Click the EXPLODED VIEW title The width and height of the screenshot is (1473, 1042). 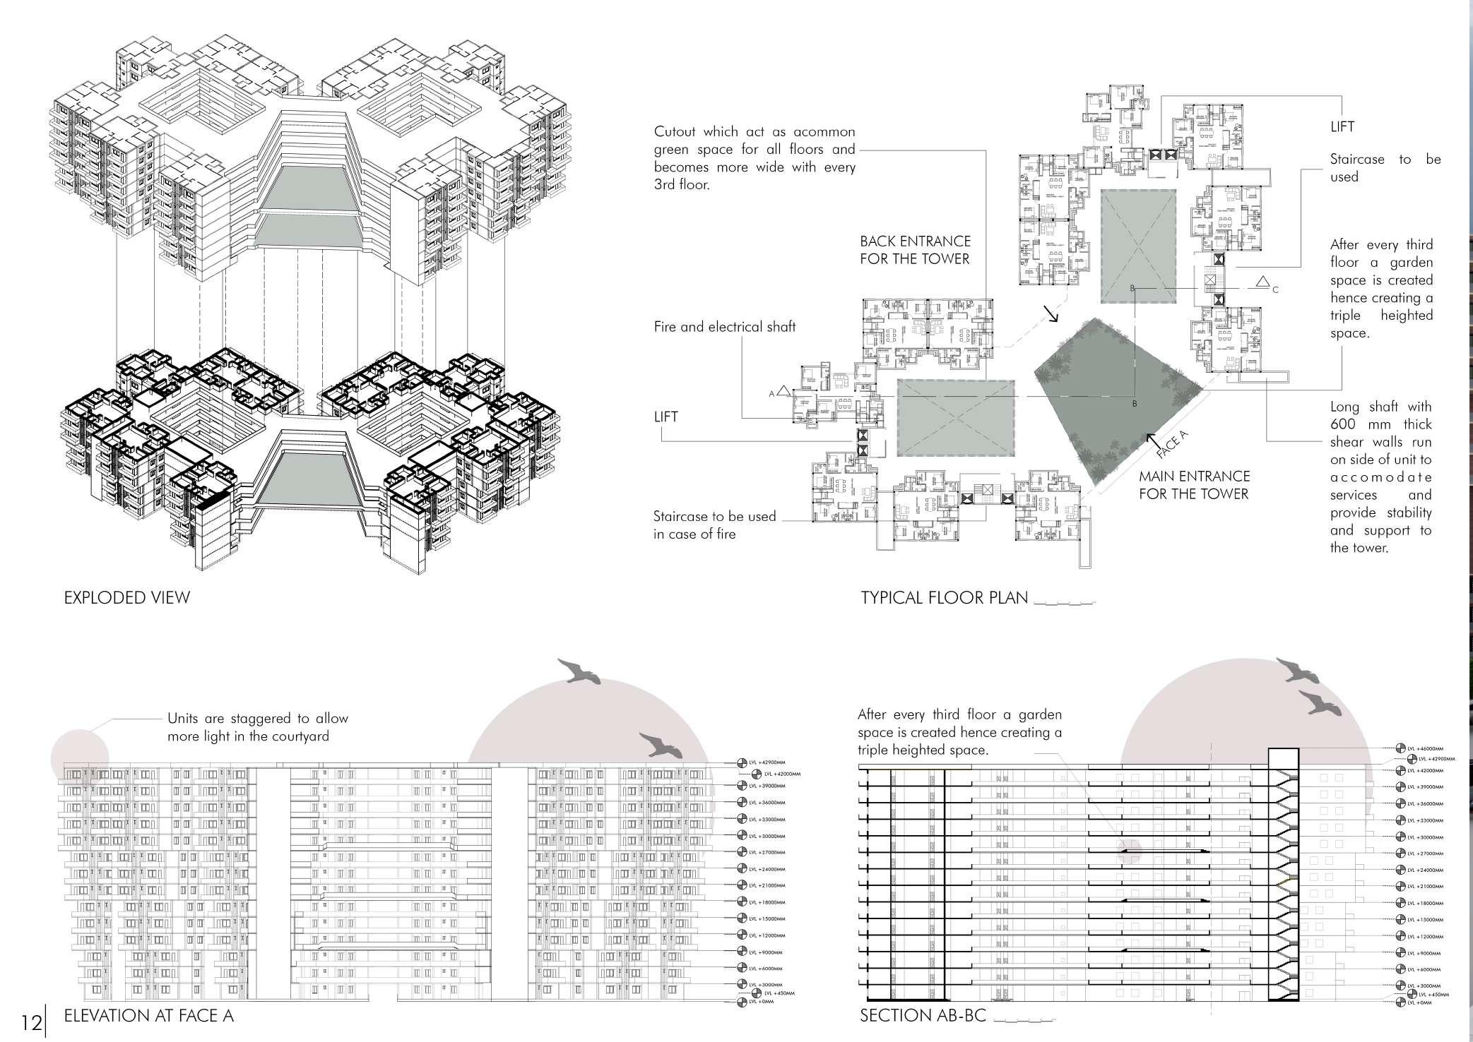point(127,598)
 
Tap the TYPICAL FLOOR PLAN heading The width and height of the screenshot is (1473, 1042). point(944,598)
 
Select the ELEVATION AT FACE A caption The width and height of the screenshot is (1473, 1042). point(148,1016)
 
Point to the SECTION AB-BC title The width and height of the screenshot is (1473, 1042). point(923,1016)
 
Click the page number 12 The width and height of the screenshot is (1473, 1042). point(30,1022)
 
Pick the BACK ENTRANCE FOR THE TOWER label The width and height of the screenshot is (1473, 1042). point(915,250)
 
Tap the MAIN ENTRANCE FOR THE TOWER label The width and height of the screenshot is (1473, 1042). point(1194,485)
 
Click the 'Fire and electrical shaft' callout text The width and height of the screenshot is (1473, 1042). point(725,327)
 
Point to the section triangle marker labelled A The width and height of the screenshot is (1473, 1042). point(783,393)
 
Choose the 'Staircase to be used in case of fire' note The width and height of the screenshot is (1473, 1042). point(714,525)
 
